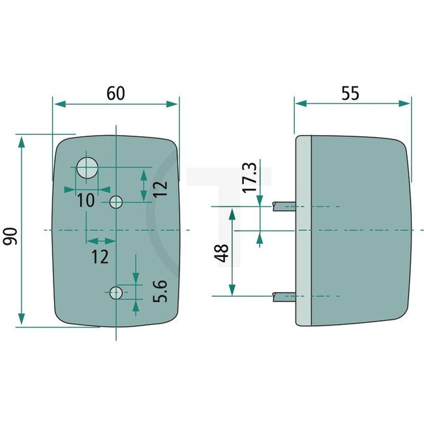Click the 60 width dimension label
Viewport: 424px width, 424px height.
(115, 93)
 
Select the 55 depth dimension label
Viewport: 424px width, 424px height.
(350, 93)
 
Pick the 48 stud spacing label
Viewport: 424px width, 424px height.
(222, 252)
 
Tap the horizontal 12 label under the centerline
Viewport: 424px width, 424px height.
(100, 256)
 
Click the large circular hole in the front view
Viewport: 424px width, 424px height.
(87, 168)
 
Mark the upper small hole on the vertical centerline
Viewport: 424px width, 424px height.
(116, 202)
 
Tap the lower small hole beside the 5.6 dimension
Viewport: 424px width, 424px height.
(115, 293)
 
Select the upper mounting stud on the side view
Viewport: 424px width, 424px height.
(284, 207)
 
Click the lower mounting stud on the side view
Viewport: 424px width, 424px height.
(284, 296)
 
